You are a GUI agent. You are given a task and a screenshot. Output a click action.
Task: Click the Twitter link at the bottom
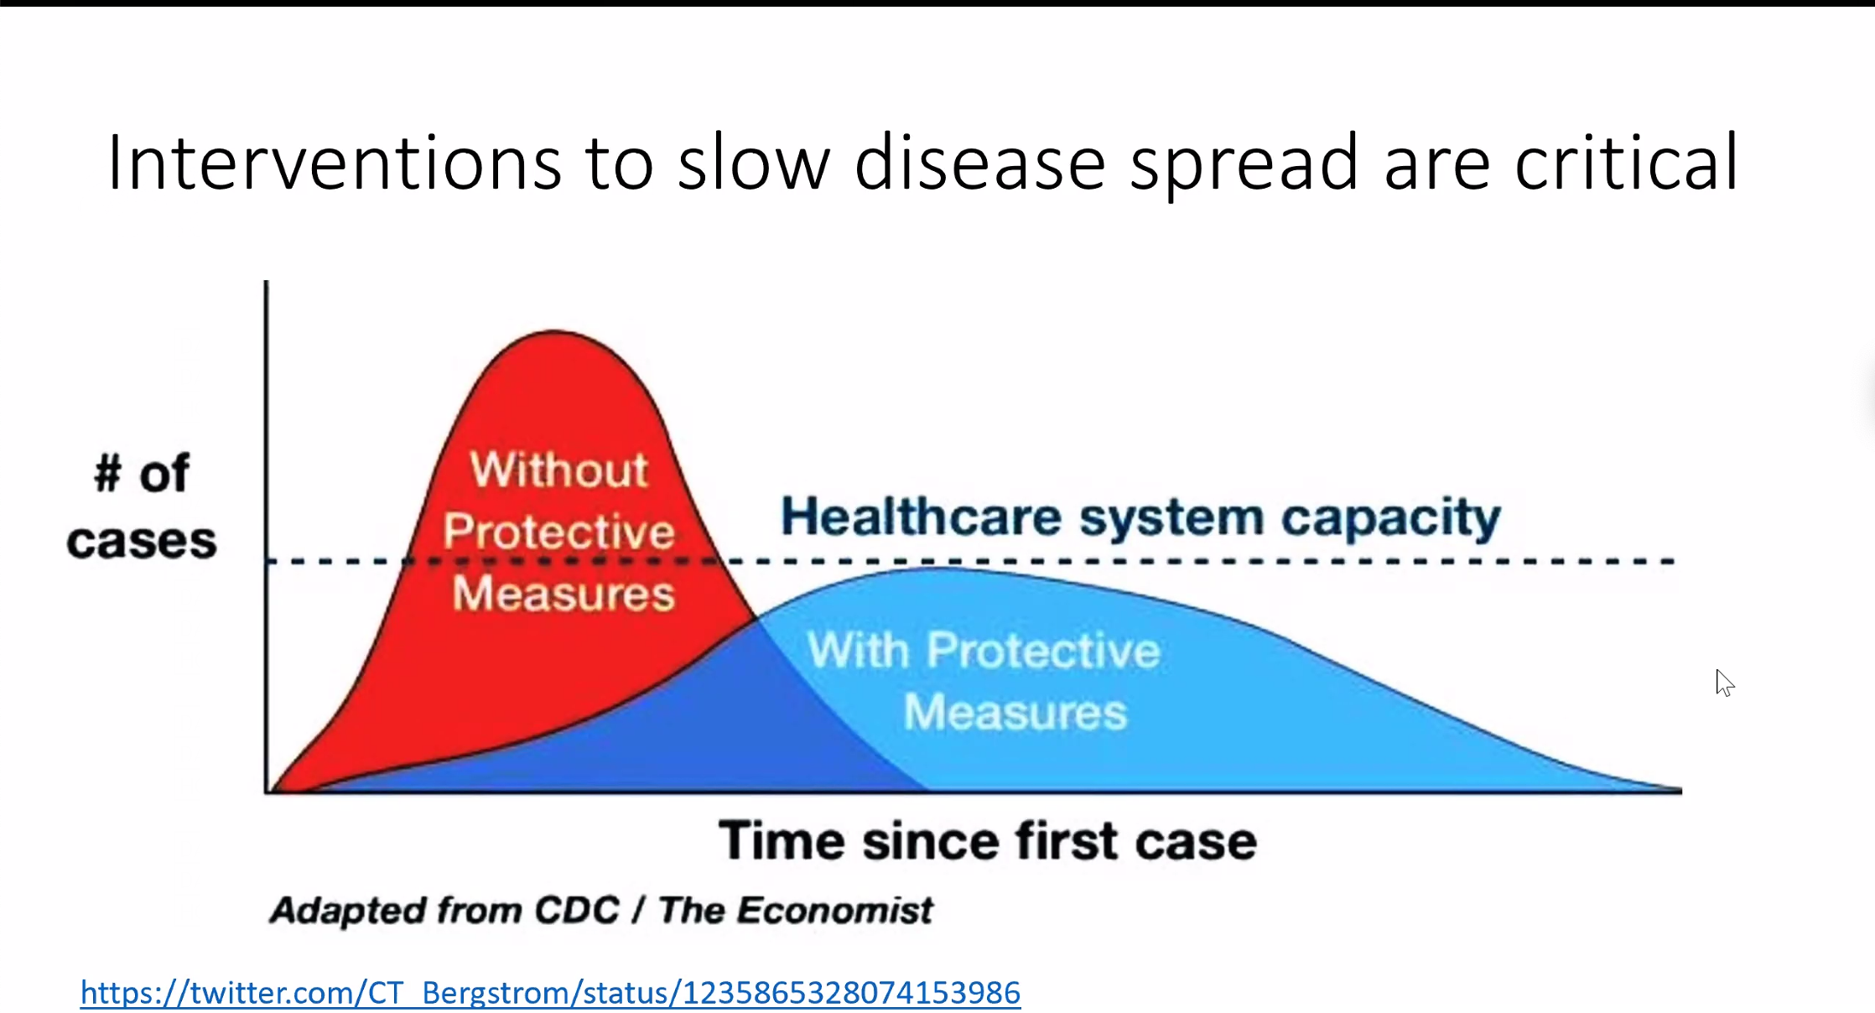tap(550, 993)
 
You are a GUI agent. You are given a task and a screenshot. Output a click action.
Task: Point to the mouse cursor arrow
tap(1724, 683)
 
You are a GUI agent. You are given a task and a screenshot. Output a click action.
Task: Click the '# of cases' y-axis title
tap(142, 506)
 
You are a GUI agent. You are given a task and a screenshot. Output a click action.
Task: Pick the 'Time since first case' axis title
tap(988, 840)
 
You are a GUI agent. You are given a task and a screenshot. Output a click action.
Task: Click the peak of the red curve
tap(554, 331)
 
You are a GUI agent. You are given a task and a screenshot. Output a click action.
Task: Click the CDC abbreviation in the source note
tap(577, 910)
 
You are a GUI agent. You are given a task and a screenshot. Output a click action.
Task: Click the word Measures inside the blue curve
tap(1015, 712)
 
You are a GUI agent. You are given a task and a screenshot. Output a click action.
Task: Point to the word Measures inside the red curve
tap(564, 594)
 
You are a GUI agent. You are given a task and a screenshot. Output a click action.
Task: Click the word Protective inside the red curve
tap(558, 532)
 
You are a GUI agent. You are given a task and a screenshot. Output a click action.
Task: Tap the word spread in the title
tap(1244, 164)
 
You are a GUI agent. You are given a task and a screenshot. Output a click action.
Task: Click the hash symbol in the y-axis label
tap(107, 473)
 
